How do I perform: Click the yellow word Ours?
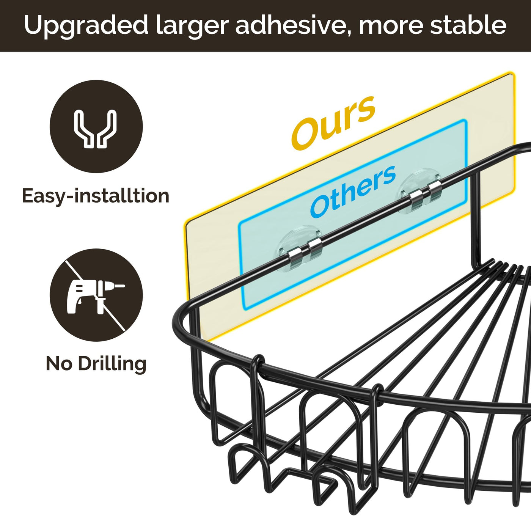click(333, 122)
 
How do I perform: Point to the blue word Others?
click(353, 192)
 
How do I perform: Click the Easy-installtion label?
click(96, 196)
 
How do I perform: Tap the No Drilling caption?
click(96, 364)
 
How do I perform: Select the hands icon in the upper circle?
click(96, 128)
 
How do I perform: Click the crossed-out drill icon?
click(96, 295)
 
